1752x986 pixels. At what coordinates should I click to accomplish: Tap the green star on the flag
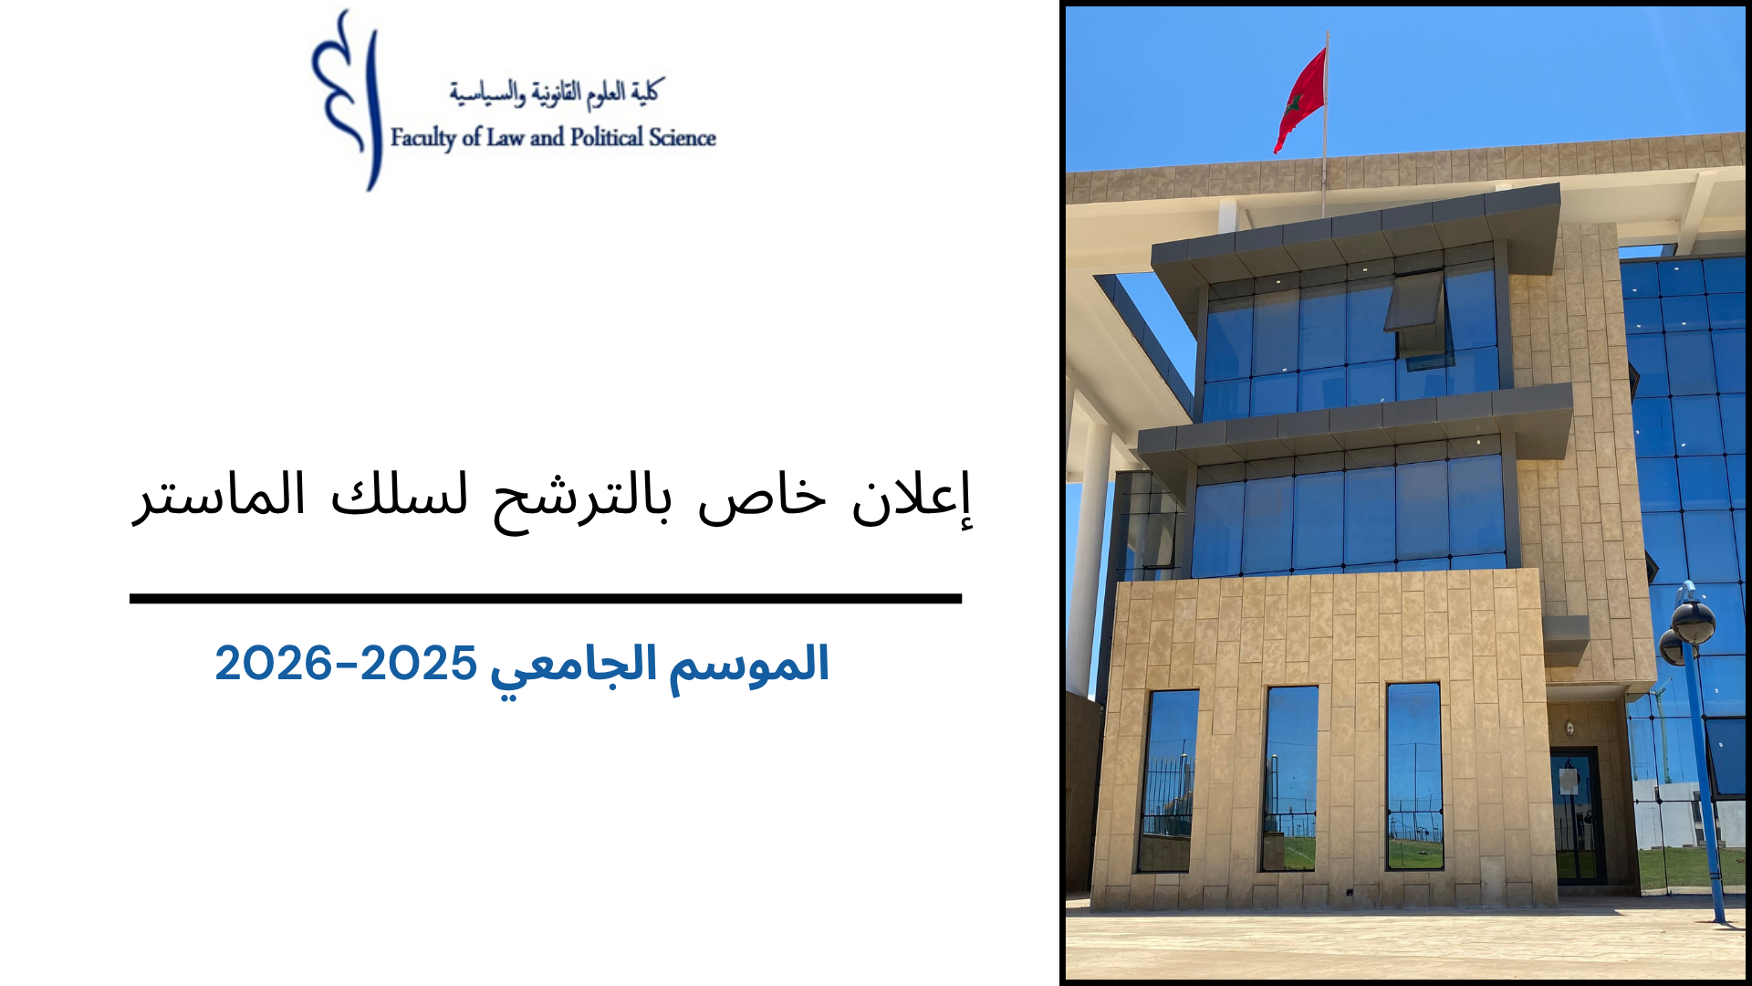1294,101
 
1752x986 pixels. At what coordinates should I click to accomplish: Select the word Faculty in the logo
422,138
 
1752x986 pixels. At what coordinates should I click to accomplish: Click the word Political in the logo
606,137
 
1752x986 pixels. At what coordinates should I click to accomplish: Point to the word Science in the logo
682,137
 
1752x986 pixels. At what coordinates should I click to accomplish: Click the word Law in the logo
505,137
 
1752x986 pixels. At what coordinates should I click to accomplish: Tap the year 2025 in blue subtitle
419,663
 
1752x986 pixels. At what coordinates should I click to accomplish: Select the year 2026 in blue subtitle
273,663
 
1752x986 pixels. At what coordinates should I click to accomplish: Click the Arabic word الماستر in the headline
220,496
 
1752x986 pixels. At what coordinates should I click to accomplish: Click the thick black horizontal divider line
546,599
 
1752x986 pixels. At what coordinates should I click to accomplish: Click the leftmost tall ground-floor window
1168,781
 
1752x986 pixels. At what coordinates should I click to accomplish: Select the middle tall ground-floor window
1289,778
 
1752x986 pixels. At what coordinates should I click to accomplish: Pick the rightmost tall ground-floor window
1414,776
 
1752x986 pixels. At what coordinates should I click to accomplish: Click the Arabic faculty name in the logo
555,92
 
